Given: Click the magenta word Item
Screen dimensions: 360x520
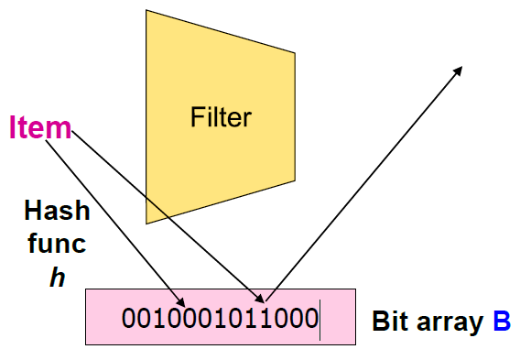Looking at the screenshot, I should point(40,127).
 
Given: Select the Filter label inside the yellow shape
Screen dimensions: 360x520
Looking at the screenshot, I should point(221,117).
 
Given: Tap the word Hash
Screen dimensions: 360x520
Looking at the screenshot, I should point(57,212).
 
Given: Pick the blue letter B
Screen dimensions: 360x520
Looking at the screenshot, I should point(500,322).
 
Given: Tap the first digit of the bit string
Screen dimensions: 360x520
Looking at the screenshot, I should point(129,320).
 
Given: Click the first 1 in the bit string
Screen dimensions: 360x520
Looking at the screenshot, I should point(159,320).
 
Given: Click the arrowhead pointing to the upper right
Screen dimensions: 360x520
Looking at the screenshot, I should point(457,68).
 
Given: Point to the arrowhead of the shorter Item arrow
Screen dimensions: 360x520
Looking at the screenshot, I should point(183,302).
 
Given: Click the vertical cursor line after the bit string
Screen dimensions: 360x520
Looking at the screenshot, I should point(320,320).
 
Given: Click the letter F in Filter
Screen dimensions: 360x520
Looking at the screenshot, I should point(196,117).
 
